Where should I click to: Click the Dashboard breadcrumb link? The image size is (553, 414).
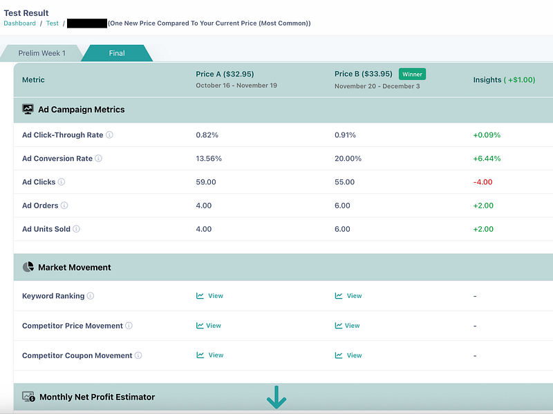[x=19, y=23]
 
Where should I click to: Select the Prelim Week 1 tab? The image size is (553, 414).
[x=42, y=53]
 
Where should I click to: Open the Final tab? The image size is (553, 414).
[x=116, y=53]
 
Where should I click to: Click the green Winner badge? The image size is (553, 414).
[x=412, y=74]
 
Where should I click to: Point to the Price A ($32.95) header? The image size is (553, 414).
[x=225, y=74]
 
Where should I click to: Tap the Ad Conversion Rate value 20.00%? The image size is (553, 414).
[x=348, y=159]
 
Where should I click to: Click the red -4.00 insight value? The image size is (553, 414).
[x=483, y=182]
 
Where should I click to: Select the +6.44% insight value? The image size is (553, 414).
[x=487, y=159]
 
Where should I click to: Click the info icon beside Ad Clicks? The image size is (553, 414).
[x=62, y=182]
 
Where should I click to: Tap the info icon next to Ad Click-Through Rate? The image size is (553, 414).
[x=109, y=135]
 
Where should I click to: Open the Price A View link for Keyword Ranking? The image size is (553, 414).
[x=210, y=296]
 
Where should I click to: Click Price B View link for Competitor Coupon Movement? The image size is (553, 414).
[x=348, y=355]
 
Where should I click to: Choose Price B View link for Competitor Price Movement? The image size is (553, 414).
[x=348, y=326]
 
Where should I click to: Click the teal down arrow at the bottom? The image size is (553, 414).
[x=276, y=397]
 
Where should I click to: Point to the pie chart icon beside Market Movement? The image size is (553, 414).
[x=28, y=267]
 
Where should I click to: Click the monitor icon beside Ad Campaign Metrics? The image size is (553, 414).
[x=28, y=109]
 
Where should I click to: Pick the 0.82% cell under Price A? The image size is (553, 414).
[x=207, y=135]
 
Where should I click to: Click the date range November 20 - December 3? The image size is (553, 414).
[x=377, y=86]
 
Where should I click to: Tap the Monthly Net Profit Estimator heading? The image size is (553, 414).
[x=97, y=397]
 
